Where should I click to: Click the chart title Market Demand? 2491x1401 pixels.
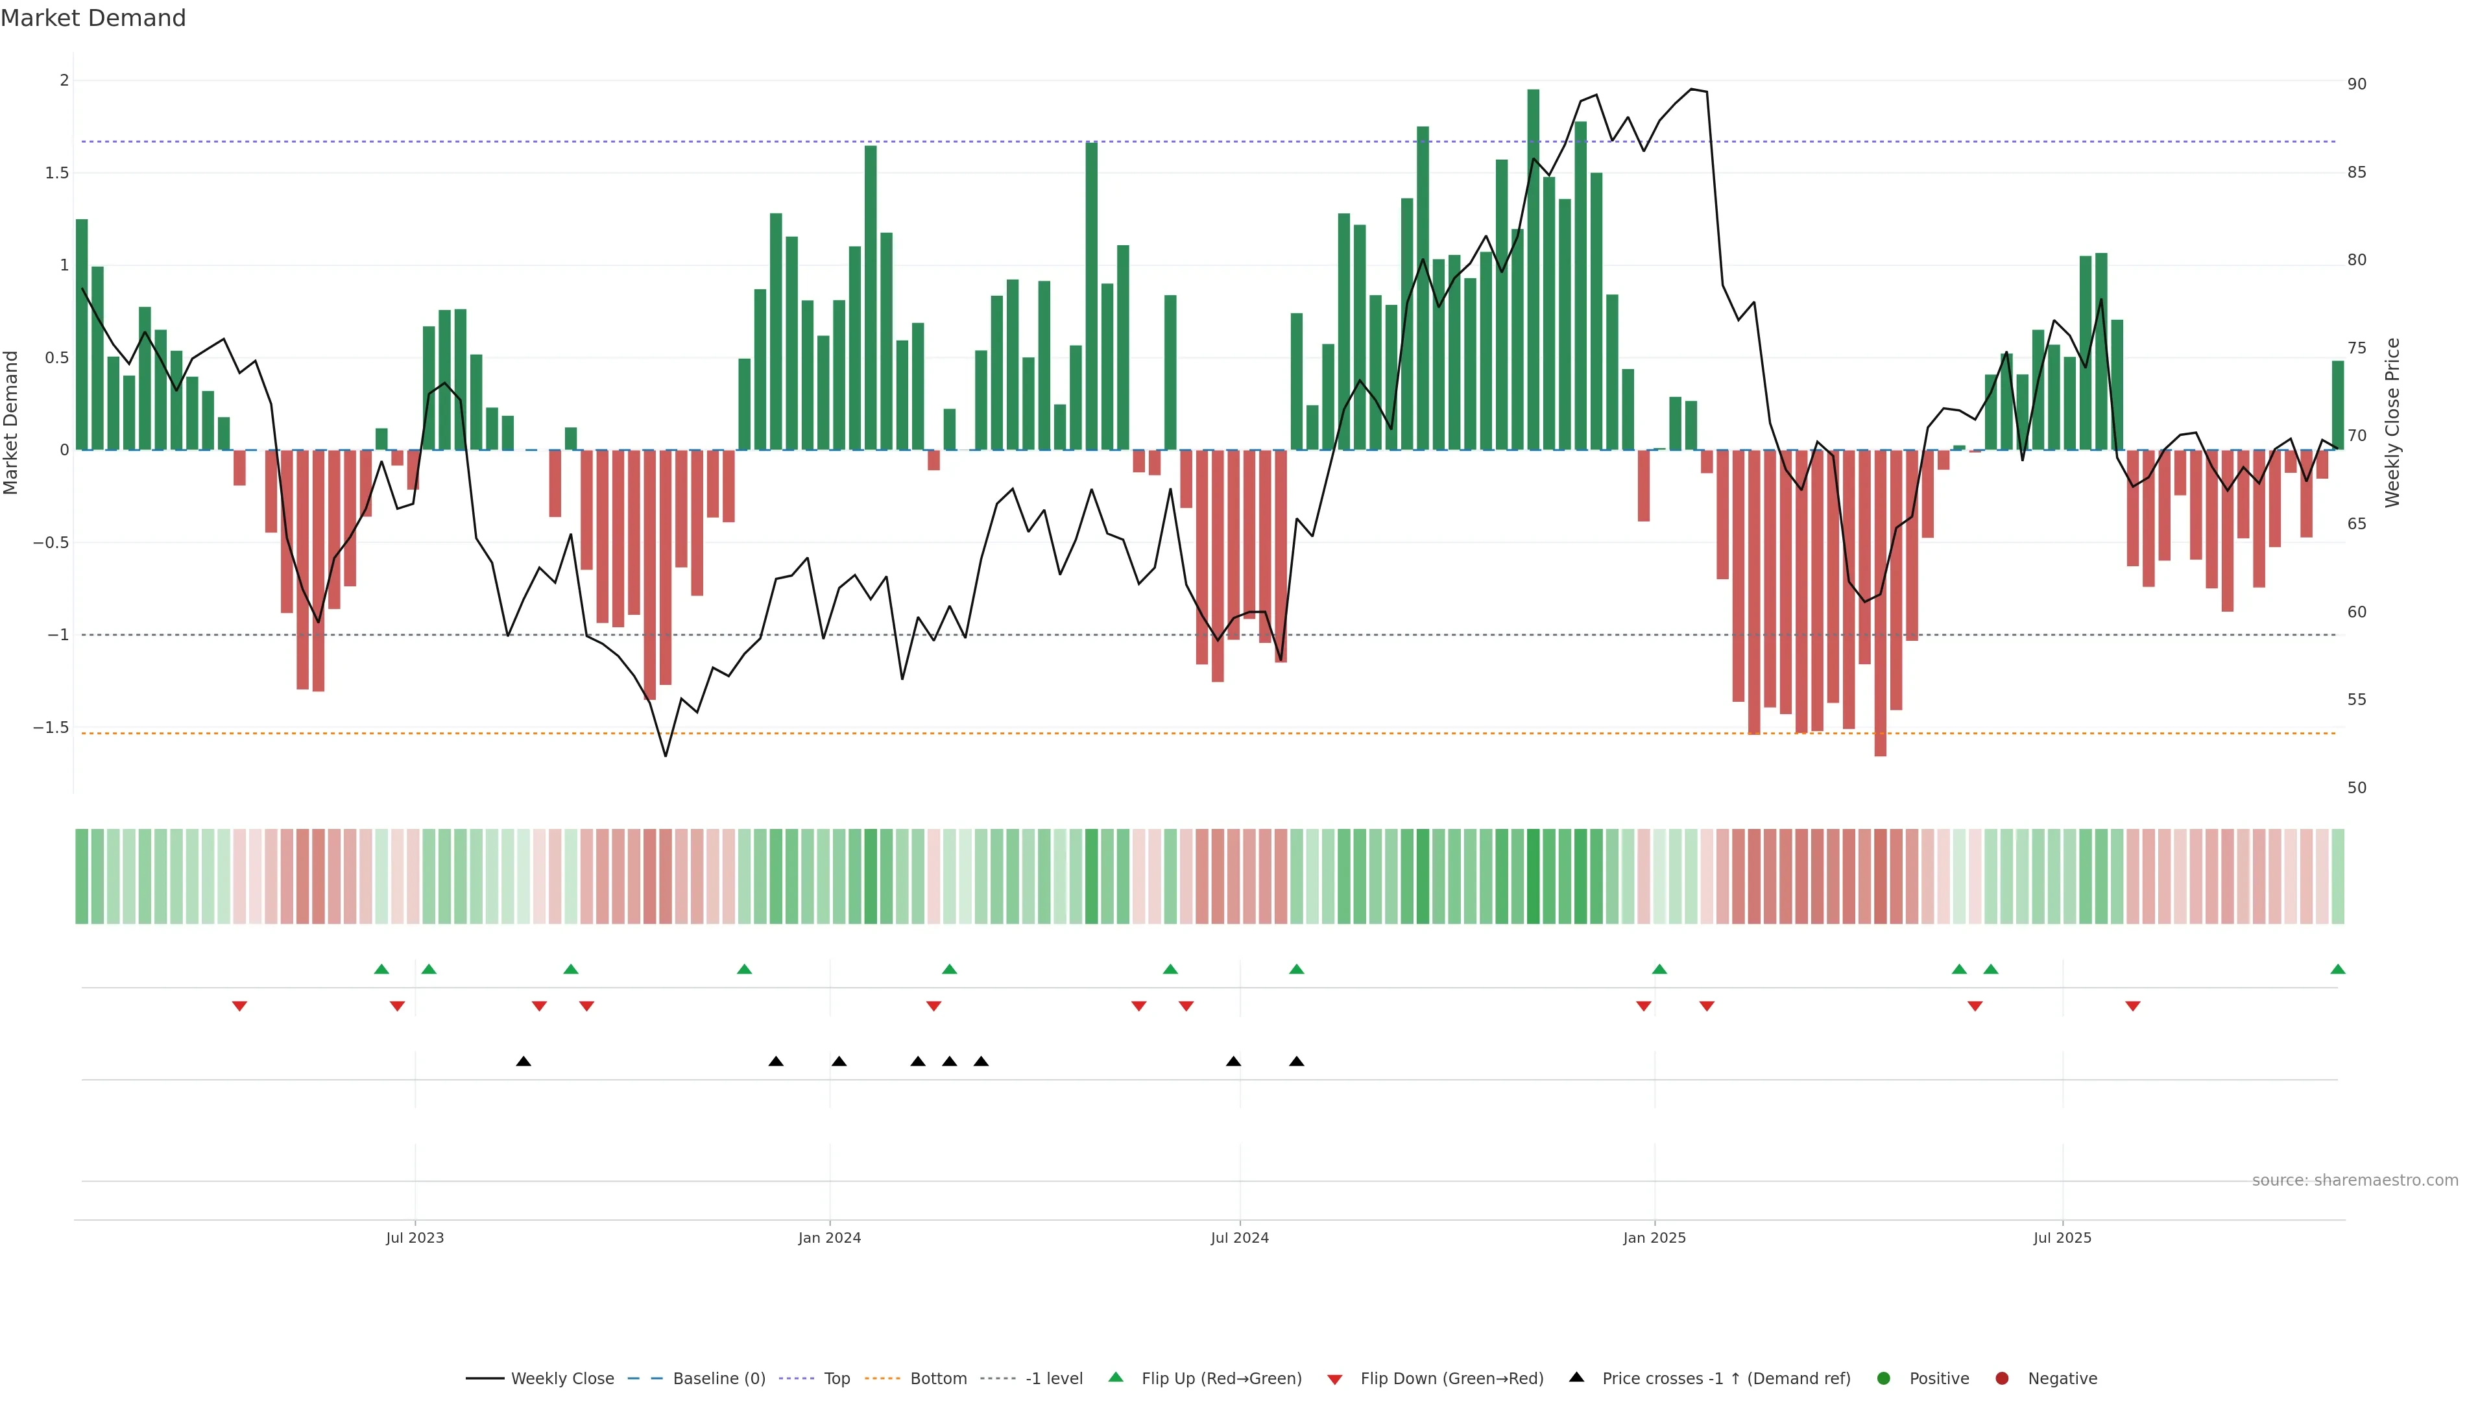93,18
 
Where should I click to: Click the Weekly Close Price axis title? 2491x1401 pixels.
2392,422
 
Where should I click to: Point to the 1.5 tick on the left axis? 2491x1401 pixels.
58,173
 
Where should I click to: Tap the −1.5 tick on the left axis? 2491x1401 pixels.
51,727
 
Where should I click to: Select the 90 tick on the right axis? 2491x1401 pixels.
2357,84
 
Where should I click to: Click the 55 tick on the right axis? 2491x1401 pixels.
2357,699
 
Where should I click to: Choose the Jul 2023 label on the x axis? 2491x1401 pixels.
415,1238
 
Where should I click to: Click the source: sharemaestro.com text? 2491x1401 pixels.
2355,1180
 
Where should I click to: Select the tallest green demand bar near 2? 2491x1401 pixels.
1533,270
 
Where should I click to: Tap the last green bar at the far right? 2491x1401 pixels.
2337,406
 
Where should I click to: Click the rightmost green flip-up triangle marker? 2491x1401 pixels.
2337,969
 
